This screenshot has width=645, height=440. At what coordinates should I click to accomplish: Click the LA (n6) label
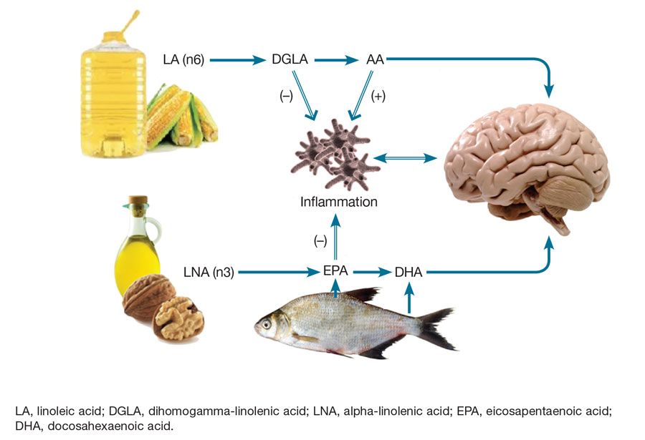coord(184,60)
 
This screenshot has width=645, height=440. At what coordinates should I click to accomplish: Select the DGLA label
coord(290,60)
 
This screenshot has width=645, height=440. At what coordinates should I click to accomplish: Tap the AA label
coord(375,60)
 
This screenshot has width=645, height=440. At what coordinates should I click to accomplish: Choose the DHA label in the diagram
coord(409,272)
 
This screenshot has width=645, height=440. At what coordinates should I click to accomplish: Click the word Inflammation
coord(338,202)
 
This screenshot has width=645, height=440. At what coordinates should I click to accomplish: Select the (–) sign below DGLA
coord(286,97)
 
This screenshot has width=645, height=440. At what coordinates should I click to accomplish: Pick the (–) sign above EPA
coord(320,240)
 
